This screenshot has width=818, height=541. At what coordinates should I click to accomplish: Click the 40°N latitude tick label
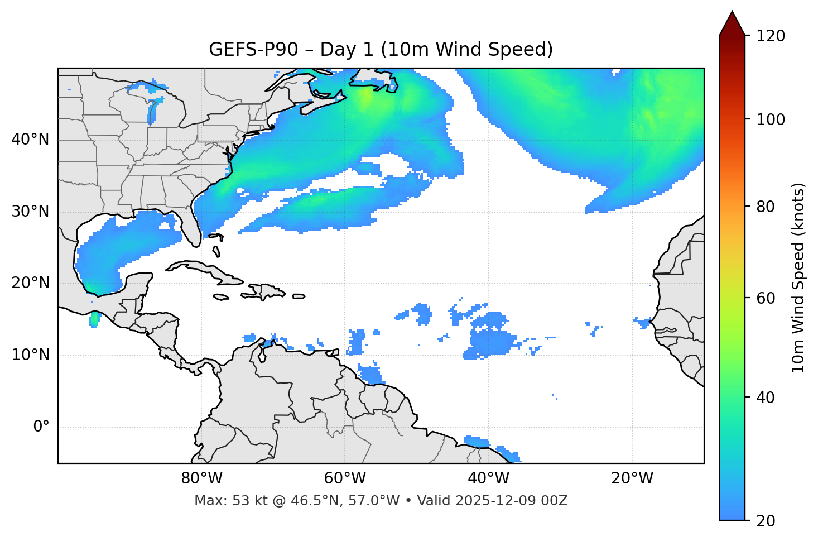click(30, 139)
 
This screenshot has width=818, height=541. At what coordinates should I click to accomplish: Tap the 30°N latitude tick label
click(30, 212)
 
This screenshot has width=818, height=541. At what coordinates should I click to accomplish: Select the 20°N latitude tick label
click(30, 283)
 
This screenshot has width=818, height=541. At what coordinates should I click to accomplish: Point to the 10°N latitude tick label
click(30, 355)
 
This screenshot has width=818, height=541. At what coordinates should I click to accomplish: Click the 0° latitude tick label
click(41, 427)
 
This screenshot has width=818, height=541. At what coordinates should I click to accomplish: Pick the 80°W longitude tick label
click(201, 478)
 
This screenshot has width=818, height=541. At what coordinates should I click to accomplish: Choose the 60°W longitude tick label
click(345, 478)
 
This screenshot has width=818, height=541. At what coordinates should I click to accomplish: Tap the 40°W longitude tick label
click(488, 478)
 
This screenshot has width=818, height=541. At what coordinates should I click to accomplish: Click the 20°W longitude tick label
click(632, 478)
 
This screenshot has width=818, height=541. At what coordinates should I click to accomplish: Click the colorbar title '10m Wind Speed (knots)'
click(798, 277)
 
